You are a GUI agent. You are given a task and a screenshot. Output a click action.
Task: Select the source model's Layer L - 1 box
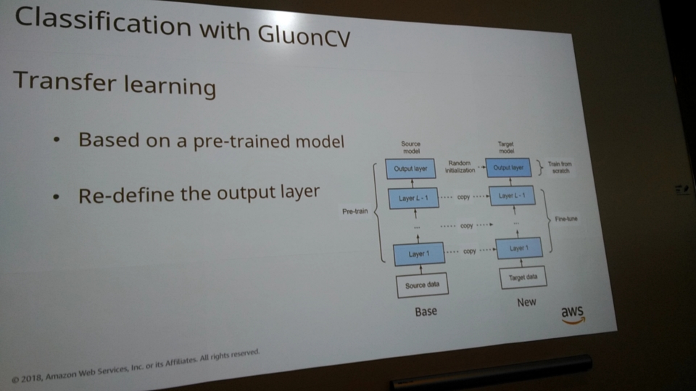413,197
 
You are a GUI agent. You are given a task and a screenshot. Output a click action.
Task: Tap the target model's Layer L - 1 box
511,195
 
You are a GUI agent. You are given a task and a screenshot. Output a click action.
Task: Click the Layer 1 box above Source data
418,253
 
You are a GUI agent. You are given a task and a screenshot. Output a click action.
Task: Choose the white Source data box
421,285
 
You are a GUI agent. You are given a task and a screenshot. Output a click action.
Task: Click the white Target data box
522,277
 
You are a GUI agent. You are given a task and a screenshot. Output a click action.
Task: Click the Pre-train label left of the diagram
355,214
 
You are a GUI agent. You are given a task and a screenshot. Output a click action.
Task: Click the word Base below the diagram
426,312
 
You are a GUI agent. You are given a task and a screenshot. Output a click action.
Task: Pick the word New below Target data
526,302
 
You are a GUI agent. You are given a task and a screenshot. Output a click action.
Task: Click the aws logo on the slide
572,314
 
